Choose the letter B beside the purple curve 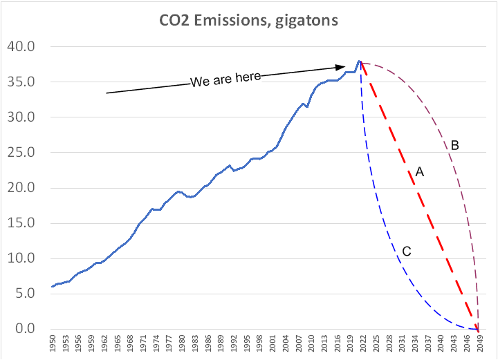coord(455,145)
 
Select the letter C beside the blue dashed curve coord(407,252)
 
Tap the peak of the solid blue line coord(359,61)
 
